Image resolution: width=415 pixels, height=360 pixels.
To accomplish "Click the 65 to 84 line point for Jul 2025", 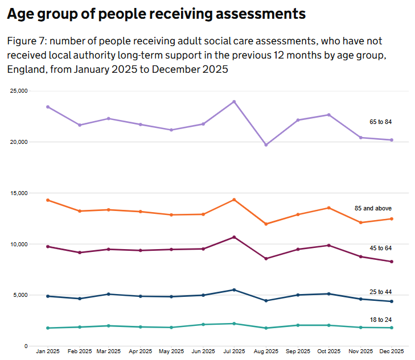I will pos(234,102).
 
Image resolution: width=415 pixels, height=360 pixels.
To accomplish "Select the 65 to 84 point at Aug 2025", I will pos(266,145).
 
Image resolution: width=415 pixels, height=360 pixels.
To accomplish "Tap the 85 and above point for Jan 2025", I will pos(48,200).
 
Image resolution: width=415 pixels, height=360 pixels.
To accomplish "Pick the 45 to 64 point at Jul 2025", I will pos(234,237).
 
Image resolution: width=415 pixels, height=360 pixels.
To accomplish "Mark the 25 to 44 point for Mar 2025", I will pos(109,294).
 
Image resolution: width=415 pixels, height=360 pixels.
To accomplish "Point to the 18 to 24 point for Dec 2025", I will pos(392,328).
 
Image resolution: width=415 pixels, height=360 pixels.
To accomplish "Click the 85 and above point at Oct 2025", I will pos(328,208).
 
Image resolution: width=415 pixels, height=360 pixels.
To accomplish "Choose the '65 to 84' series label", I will pos(380,122).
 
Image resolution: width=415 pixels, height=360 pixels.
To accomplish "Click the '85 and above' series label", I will pos(373,209).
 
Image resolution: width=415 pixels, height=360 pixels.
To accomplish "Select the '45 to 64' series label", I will pos(380,248).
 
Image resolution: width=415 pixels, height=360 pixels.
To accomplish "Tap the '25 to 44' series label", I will pos(380,292).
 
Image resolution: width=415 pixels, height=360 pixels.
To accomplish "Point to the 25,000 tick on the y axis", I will pos(19,91).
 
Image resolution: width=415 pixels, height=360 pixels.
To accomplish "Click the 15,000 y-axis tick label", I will pos(19,193).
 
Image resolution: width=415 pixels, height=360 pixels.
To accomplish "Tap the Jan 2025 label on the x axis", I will pos(48,351).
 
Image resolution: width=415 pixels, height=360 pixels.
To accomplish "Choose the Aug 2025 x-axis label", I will pos(266,351).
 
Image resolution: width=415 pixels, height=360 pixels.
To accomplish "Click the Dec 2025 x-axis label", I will pos(392,351).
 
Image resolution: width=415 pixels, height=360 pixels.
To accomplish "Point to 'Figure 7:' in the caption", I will pos(27,42).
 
